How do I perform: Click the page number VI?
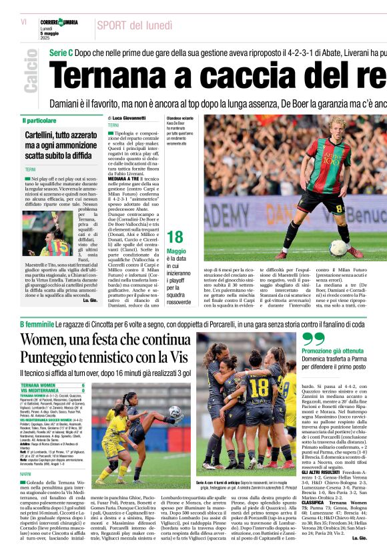(23, 22)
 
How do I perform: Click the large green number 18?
(175, 237)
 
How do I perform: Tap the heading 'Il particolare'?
(39, 121)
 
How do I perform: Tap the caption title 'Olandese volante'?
(180, 118)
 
